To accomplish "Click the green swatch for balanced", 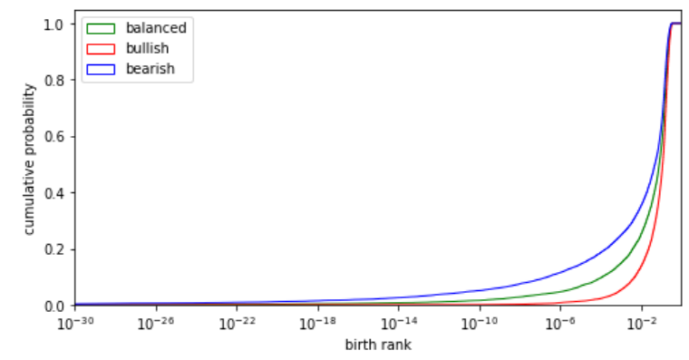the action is [101, 29].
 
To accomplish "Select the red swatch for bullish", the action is [101, 49].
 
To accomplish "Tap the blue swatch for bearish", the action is [101, 69].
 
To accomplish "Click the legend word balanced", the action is [156, 28].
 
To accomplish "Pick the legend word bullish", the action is [147, 48].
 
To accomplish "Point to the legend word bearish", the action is [150, 69].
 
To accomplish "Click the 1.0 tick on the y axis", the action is [53, 24].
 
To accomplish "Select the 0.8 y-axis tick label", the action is [53, 81].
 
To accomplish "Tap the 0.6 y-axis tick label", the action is [53, 137].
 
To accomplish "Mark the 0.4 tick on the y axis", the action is [53, 193].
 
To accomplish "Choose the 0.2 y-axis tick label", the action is [53, 249].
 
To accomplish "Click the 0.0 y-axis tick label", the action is [53, 306].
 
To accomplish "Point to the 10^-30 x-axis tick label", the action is [75, 323].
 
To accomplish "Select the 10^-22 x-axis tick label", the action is [237, 323].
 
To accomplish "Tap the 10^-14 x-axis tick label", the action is [399, 323].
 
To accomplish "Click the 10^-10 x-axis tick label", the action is [480, 323].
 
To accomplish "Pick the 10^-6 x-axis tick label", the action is [560, 323].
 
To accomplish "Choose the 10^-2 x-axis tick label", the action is [642, 323].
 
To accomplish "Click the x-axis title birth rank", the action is [378, 345].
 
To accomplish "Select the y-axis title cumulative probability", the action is [29, 159].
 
